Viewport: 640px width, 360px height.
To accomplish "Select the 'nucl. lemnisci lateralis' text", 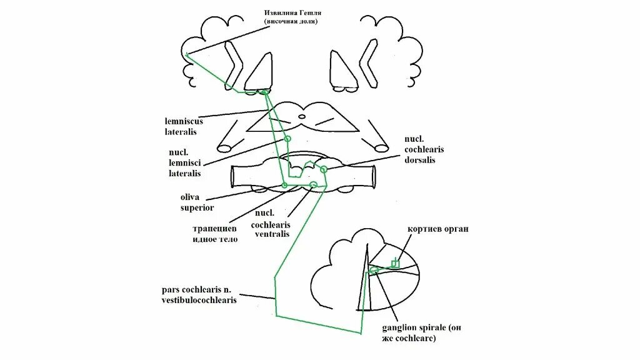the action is tap(184, 162).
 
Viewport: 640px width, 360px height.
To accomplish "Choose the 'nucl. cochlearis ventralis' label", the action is tap(271, 223).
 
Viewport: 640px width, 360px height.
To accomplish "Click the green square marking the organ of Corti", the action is tap(394, 263).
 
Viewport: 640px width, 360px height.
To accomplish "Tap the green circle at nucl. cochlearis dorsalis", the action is tap(323, 169).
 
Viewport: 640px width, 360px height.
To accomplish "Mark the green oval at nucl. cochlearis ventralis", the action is tap(314, 184).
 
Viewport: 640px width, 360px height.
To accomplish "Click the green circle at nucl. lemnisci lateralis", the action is tap(287, 139).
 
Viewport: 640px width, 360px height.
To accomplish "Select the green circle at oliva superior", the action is tap(284, 185).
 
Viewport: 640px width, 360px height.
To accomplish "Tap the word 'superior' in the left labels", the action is tap(197, 207).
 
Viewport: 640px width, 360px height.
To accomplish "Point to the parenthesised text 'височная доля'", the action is tap(291, 22).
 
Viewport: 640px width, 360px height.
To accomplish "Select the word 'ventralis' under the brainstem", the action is tap(271, 234).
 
